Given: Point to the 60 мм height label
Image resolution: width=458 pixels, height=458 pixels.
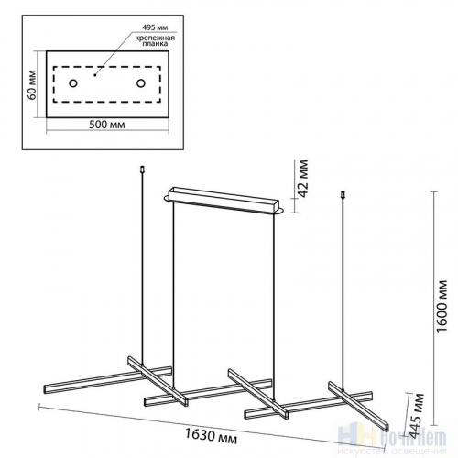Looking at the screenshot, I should (x=31, y=83).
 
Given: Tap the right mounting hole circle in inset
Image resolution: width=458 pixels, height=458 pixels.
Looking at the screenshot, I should (x=141, y=84).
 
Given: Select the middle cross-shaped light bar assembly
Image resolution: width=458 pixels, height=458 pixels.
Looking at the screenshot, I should (x=206, y=390).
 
